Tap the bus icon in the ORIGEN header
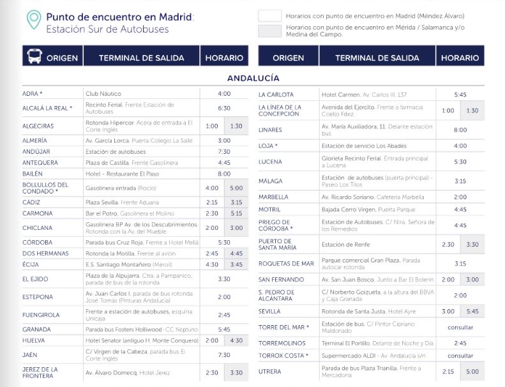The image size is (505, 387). [33, 57]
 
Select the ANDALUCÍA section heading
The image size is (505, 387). [253, 78]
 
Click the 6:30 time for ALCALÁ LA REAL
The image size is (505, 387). [224, 108]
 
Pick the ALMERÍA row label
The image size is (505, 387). [34, 140]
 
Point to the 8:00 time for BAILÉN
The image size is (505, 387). [224, 174]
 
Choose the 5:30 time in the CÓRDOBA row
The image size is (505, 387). [224, 243]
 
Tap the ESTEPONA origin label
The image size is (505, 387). [37, 297]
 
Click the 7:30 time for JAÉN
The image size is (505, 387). [224, 355]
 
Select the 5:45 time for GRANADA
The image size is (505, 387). [224, 330]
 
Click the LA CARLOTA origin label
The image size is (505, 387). [276, 95]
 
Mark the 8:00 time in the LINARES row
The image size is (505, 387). [460, 130]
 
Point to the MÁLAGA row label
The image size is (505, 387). [270, 181]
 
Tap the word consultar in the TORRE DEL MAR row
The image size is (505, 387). [460, 327]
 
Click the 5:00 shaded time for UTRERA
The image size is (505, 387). [472, 372]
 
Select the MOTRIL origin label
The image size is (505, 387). [270, 209]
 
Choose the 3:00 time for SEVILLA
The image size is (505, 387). [448, 312]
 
